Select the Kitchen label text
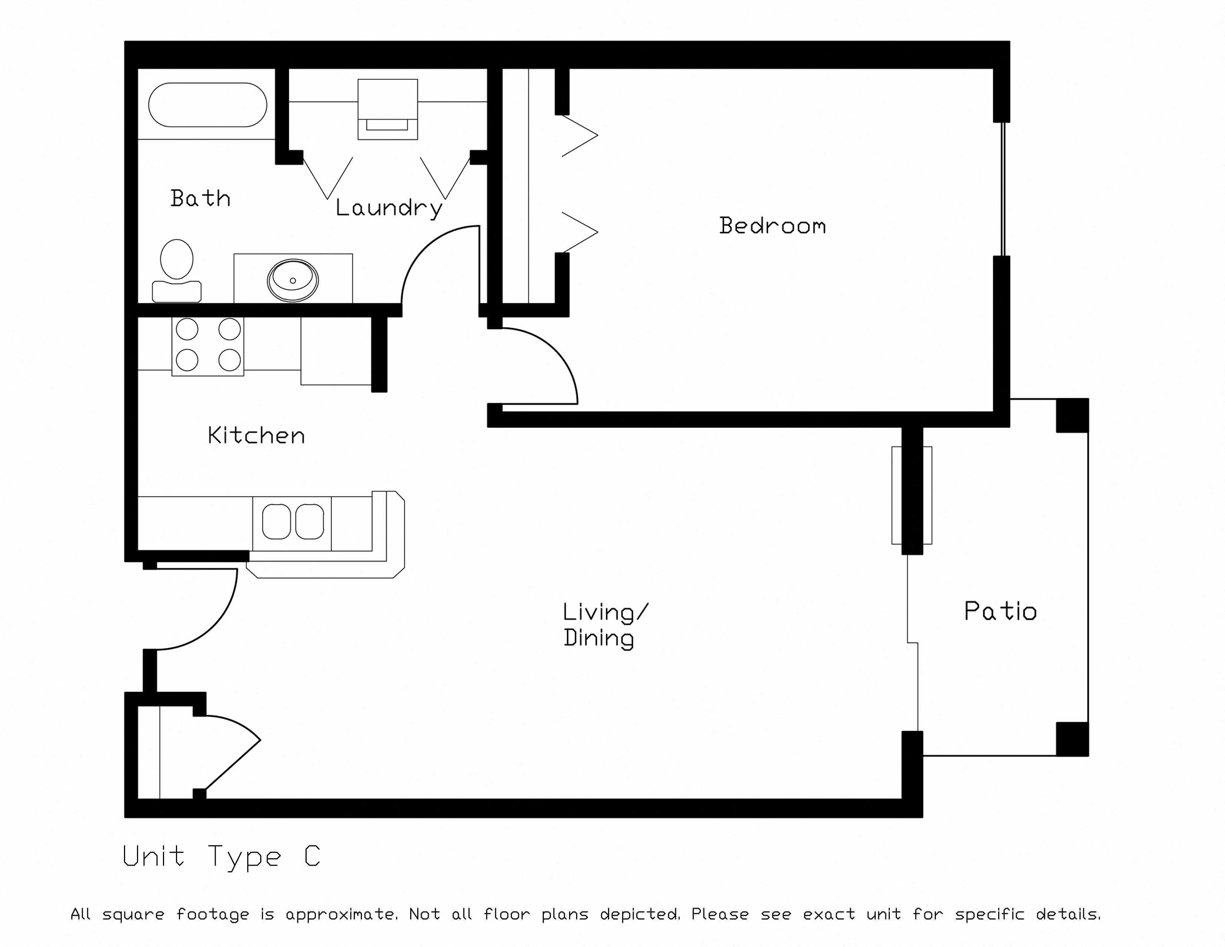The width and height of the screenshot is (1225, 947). [256, 435]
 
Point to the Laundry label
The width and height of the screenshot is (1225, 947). [389, 208]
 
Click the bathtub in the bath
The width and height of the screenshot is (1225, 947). [208, 105]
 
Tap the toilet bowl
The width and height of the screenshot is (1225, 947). [177, 259]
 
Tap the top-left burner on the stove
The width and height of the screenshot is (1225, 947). [187, 329]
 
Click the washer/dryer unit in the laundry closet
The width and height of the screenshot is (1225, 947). [388, 109]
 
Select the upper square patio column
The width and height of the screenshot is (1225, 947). [1072, 415]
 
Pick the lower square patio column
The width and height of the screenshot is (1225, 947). [1072, 739]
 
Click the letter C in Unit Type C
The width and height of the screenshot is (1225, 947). [312, 856]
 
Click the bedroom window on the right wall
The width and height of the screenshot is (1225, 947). [1003, 189]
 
